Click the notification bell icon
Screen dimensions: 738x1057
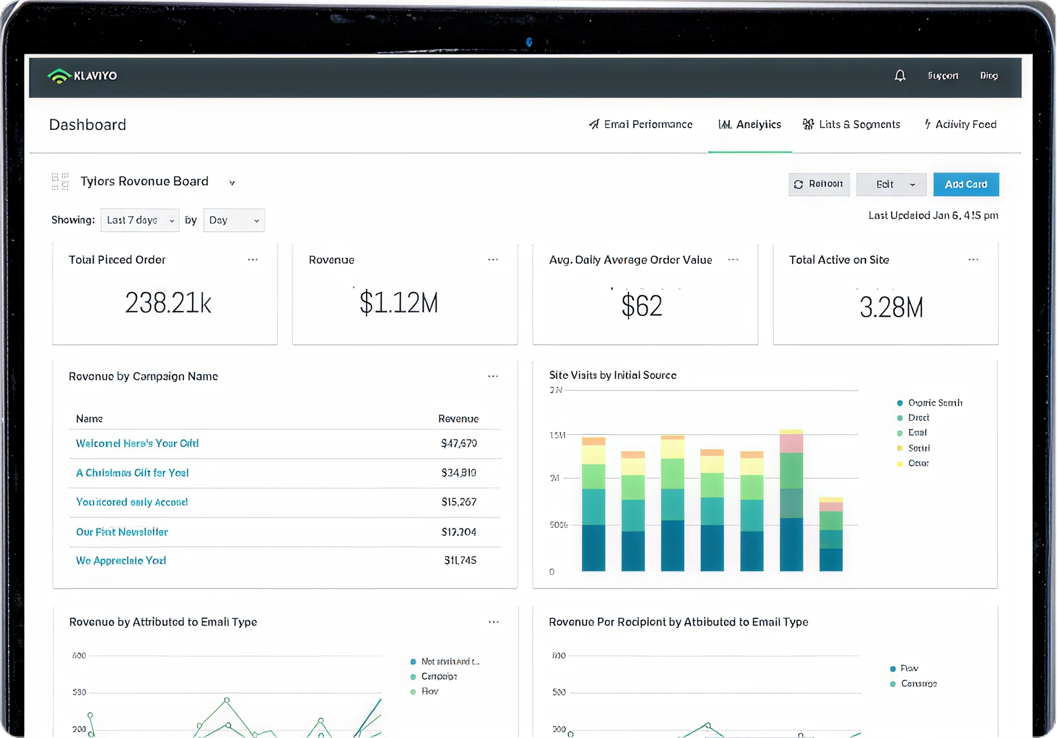pos(900,75)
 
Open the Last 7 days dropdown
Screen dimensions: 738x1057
pos(140,220)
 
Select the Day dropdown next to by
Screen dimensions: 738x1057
pos(233,220)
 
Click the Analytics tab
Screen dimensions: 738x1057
pos(750,125)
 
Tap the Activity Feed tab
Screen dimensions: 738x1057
pos(960,125)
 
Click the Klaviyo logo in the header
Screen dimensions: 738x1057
pos(83,76)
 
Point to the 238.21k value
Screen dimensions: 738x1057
pos(168,302)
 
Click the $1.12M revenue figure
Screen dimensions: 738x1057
pos(399,302)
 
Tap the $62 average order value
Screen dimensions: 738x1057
pos(641,305)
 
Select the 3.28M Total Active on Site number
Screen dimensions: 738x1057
pos(890,307)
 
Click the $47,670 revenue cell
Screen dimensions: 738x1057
pos(459,443)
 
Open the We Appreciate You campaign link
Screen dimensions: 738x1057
pos(121,561)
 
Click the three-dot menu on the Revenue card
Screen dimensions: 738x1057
pos(493,259)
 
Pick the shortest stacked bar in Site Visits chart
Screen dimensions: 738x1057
pos(830,535)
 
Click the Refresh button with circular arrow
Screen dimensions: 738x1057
pos(819,184)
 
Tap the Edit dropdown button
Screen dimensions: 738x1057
pos(891,184)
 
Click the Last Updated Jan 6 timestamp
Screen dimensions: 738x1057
pos(933,215)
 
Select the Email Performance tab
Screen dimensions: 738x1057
pos(641,125)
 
